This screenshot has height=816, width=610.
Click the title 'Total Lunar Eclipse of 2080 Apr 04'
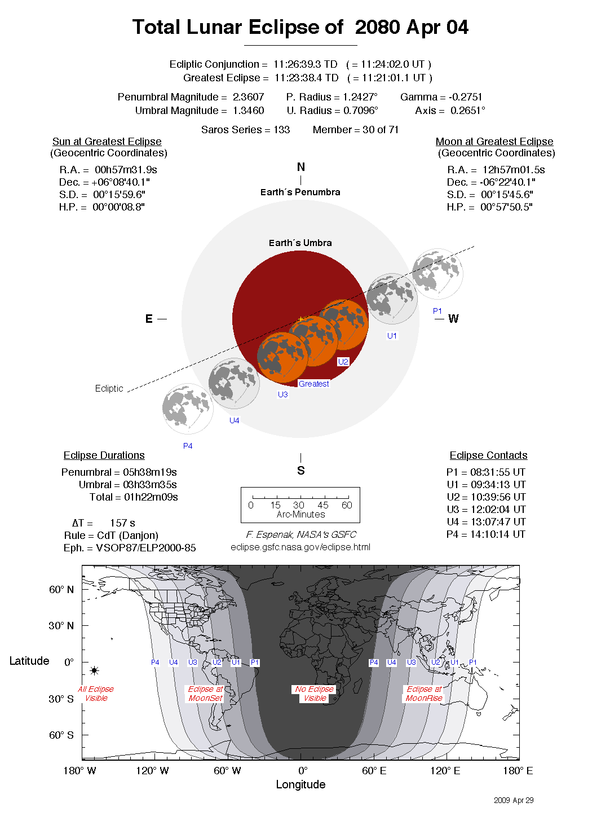point(300,27)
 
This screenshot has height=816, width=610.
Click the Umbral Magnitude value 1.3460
point(248,111)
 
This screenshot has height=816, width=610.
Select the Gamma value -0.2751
point(465,97)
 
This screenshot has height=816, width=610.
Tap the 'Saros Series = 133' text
point(245,130)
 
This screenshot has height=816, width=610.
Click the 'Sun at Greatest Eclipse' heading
point(107,142)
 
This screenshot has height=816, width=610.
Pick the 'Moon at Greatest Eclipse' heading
point(494,142)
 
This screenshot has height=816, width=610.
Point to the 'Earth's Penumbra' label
point(300,192)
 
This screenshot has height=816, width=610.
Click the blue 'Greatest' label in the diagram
point(313,384)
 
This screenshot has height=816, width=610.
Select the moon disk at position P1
point(437,274)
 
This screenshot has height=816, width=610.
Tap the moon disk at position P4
point(188,409)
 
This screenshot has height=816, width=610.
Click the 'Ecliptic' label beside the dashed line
point(109,388)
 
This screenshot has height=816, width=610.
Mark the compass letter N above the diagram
point(301,167)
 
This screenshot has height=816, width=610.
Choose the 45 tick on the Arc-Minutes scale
point(323,505)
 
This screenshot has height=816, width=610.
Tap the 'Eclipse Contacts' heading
point(488,455)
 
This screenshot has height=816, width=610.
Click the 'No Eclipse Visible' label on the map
point(315,694)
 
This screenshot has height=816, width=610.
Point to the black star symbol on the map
point(94,670)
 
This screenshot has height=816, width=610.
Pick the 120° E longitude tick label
point(445,771)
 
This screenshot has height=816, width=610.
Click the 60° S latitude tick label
point(61,735)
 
